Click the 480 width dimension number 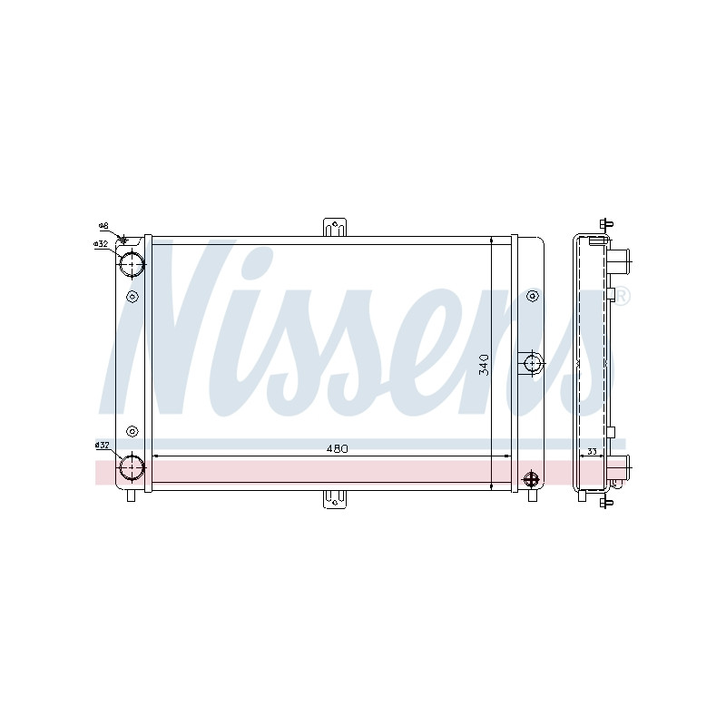tap(337, 448)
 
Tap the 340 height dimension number tap(484, 365)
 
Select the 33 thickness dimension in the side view tap(592, 451)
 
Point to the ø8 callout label tap(103, 226)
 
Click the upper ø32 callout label tap(101, 243)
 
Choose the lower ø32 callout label tap(102, 445)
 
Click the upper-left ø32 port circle tap(132, 264)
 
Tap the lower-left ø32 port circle tap(132, 467)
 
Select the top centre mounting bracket tap(335, 227)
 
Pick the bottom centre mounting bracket tap(335, 500)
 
